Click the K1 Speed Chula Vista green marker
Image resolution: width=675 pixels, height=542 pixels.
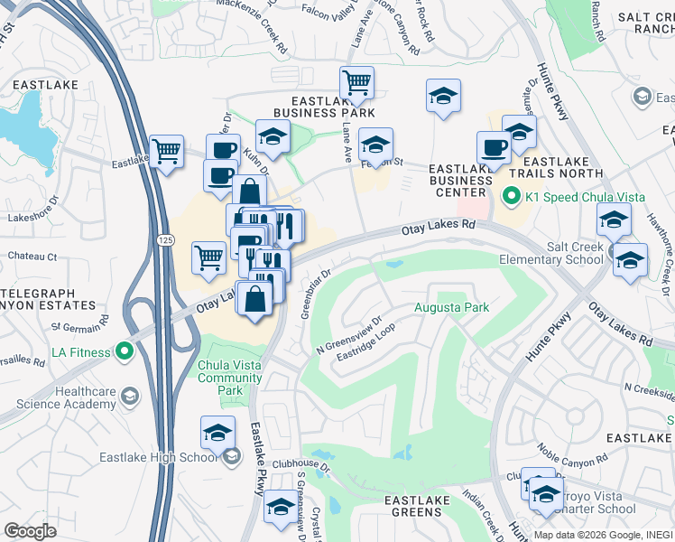(511, 195)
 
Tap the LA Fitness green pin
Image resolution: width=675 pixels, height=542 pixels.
(125, 352)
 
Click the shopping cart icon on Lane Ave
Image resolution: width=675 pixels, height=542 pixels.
(356, 83)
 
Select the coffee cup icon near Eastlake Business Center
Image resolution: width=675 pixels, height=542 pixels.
(493, 145)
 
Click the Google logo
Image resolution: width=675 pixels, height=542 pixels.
(31, 531)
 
